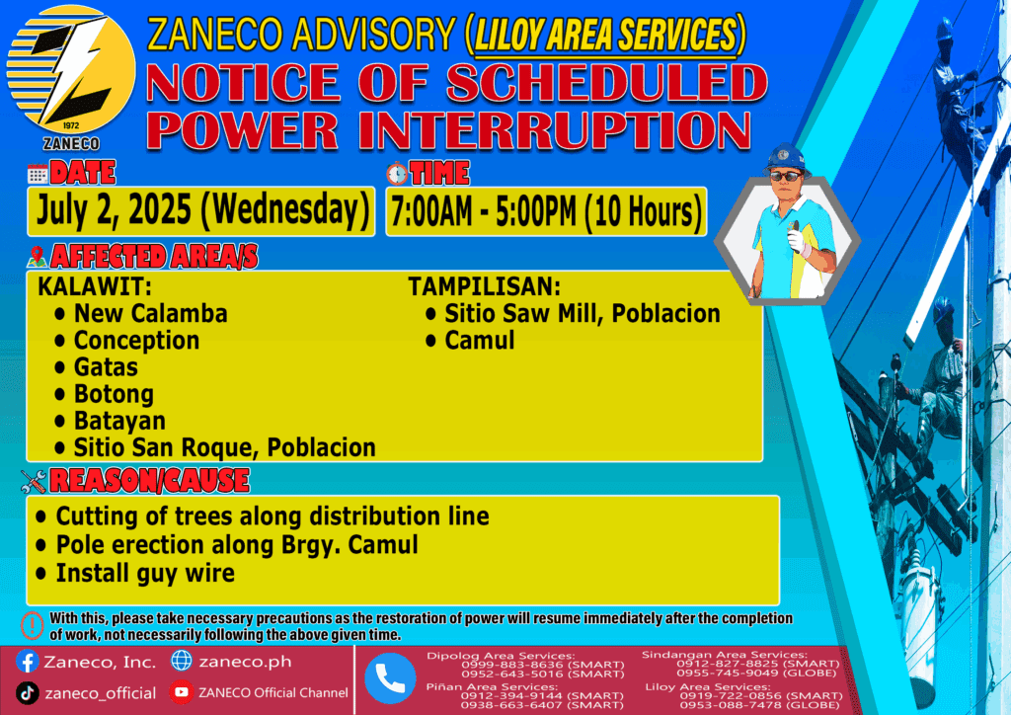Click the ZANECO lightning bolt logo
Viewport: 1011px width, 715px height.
point(71,71)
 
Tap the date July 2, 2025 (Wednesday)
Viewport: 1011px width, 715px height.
point(202,210)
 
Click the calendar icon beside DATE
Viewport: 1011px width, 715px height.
point(38,174)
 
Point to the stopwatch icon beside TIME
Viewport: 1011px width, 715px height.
point(397,174)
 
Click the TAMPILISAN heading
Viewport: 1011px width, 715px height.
point(484,286)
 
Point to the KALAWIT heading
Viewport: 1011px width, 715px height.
point(95,286)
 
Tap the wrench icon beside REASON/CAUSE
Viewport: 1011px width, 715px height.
point(34,481)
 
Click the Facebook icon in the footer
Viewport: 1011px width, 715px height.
point(27,662)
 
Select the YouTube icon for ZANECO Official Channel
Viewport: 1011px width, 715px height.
point(182,692)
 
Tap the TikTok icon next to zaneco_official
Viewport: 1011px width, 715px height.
point(27,693)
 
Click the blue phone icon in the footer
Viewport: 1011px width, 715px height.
point(390,678)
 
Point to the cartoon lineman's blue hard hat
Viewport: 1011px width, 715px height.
point(785,159)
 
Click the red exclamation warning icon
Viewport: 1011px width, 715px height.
point(33,625)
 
